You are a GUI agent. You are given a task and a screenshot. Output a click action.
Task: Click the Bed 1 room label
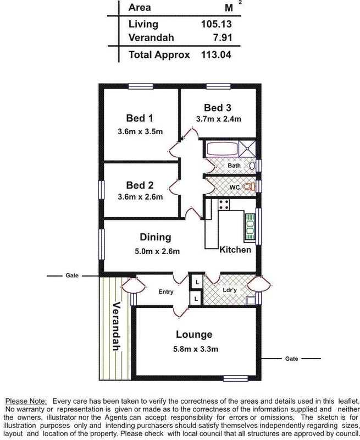(140, 118)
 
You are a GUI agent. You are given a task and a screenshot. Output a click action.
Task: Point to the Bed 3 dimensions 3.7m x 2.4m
(219, 119)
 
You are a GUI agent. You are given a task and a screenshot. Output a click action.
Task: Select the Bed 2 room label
(140, 185)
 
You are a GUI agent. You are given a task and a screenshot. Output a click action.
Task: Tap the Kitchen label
(235, 250)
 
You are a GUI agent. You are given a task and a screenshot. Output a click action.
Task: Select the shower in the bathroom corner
(248, 149)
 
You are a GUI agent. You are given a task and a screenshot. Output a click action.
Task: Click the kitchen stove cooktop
(224, 205)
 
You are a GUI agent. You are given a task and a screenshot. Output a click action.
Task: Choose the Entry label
(166, 292)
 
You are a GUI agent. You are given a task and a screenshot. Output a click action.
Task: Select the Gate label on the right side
(291, 359)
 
